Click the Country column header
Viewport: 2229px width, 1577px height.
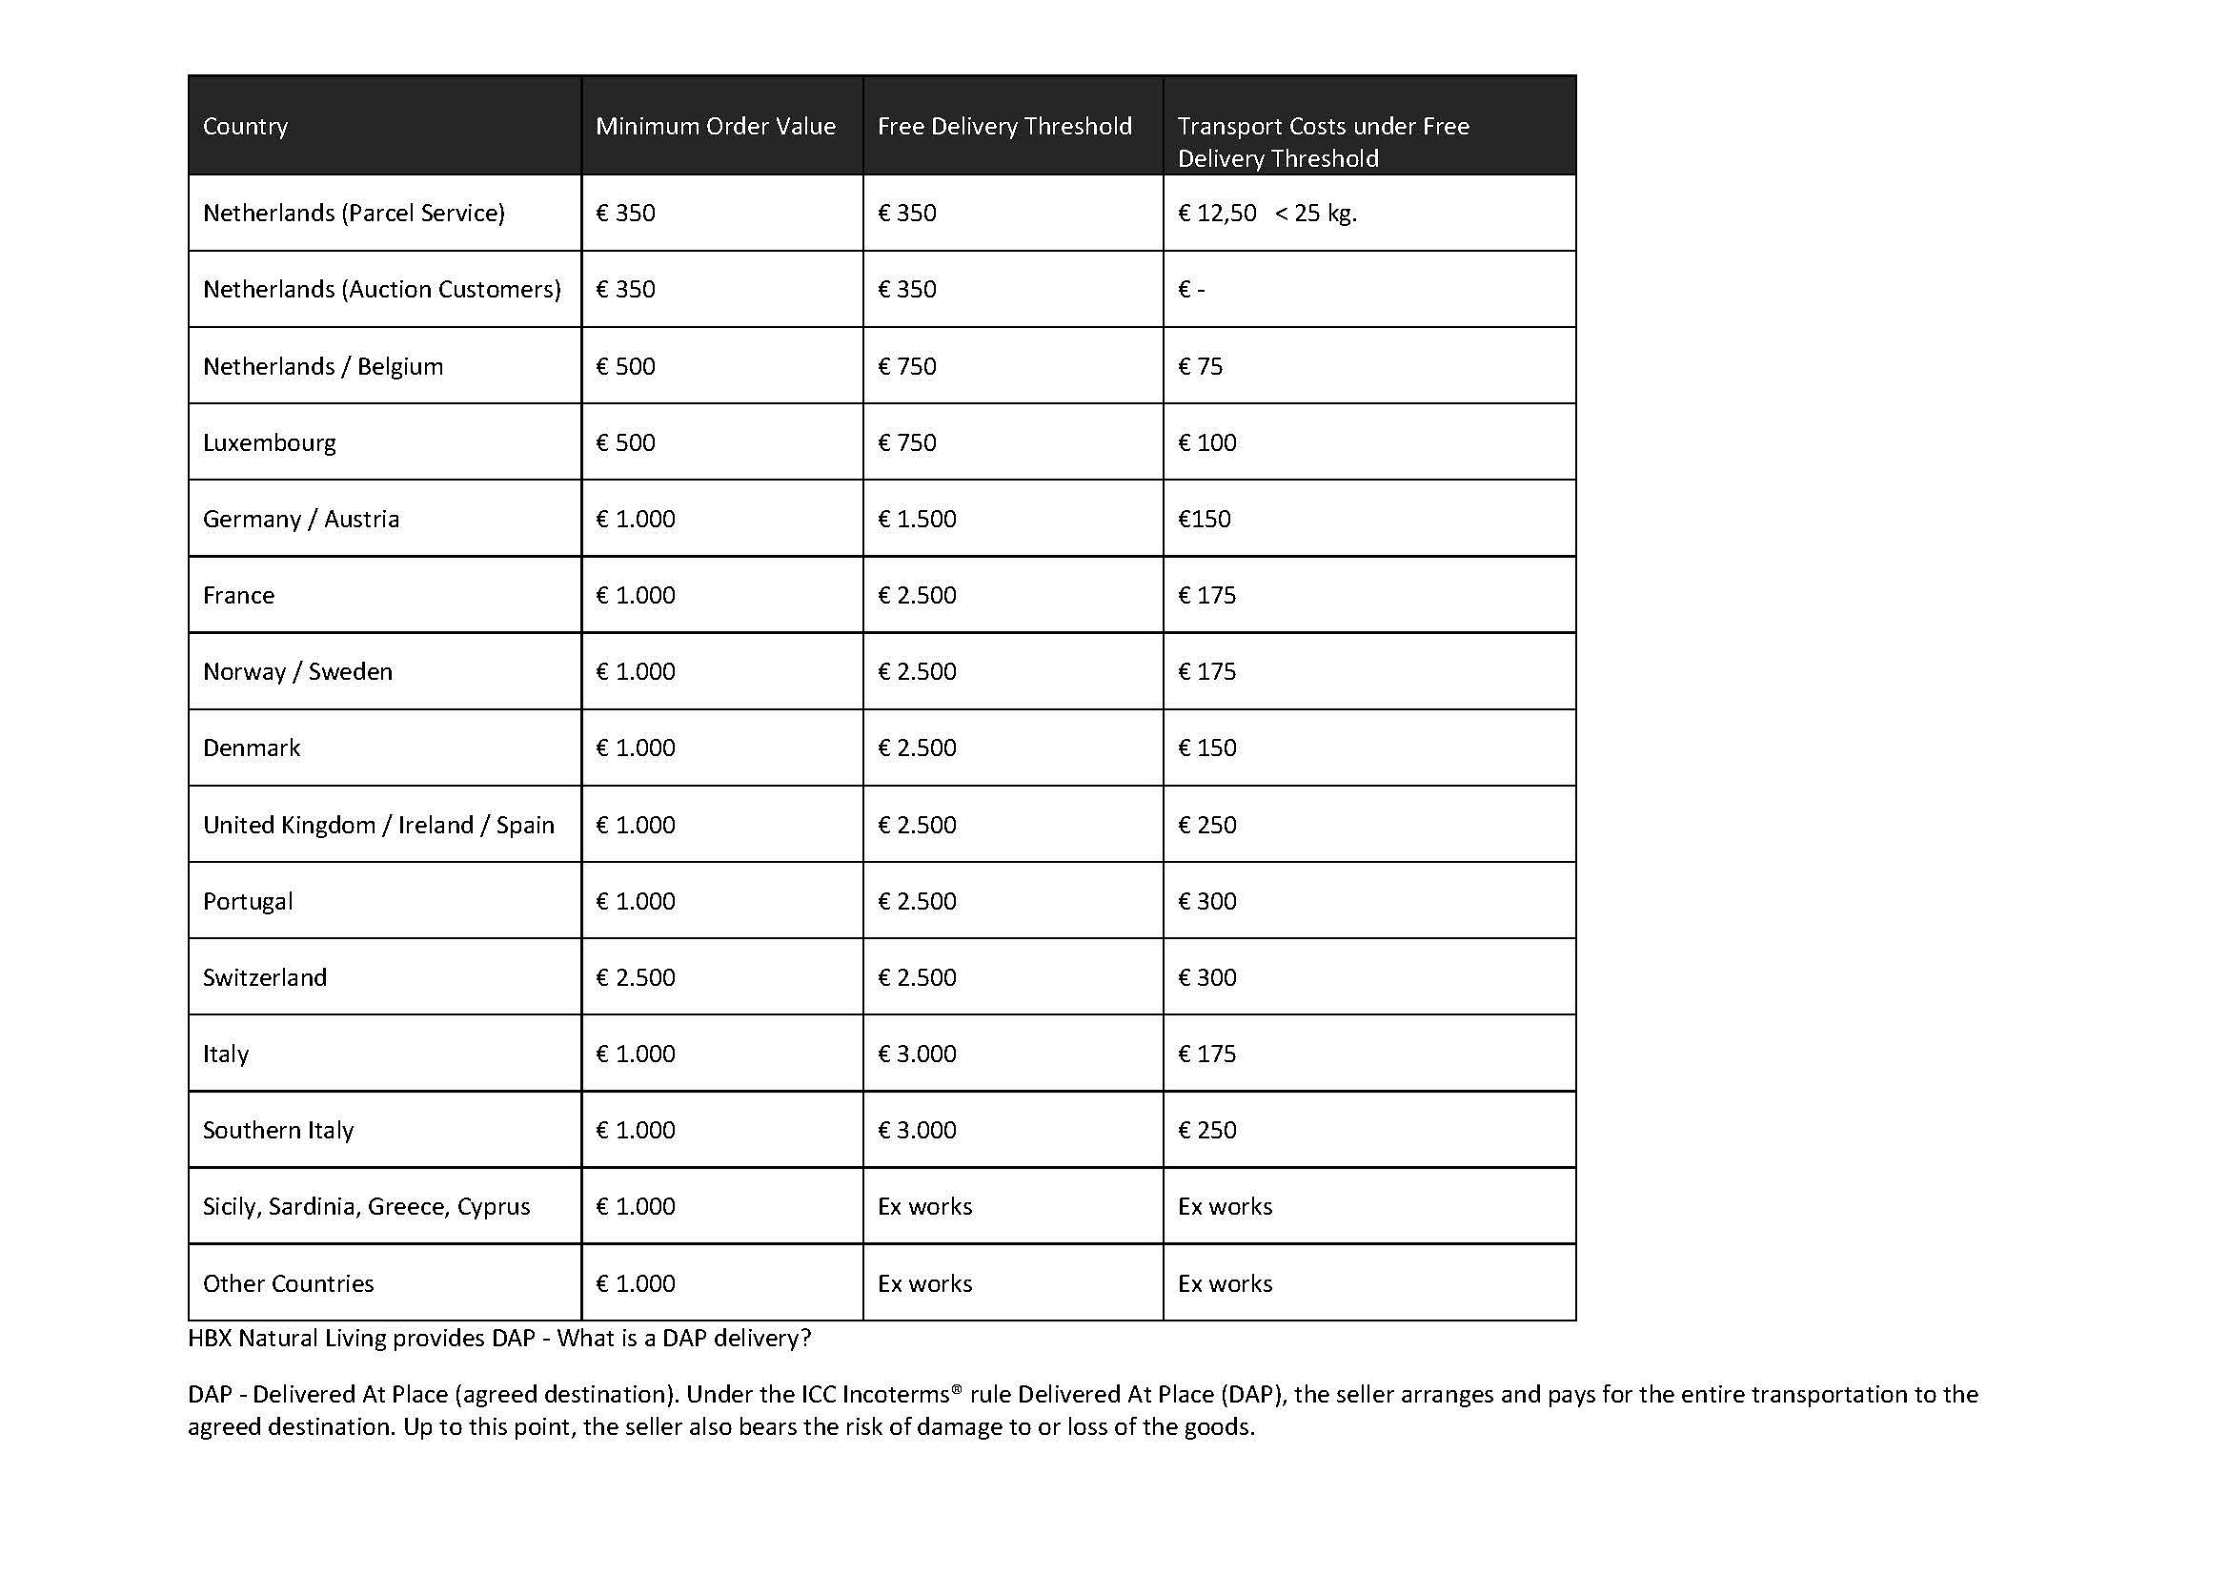coord(245,126)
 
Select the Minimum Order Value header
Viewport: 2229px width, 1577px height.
coord(716,126)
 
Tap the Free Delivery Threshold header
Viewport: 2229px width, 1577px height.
coord(1003,126)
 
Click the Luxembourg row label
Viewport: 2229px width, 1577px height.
coord(269,442)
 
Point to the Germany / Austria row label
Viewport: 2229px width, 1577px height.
coord(301,519)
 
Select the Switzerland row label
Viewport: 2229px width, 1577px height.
coord(264,977)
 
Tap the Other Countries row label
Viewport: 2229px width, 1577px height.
coord(288,1282)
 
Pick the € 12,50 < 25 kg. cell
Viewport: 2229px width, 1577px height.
coord(1266,213)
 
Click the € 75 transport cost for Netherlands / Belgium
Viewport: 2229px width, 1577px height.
coord(1200,366)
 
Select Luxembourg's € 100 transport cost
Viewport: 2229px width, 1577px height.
coord(1206,442)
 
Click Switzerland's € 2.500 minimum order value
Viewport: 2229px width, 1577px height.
coord(635,977)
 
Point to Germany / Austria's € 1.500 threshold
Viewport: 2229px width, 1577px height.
coord(917,519)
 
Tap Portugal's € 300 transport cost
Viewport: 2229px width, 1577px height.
coord(1206,901)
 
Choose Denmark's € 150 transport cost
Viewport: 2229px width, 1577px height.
coord(1206,748)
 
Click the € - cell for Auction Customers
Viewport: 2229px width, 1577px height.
coord(1191,290)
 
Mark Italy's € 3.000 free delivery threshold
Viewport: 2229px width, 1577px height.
coord(917,1054)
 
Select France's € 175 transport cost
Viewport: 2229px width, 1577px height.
coord(1206,595)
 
